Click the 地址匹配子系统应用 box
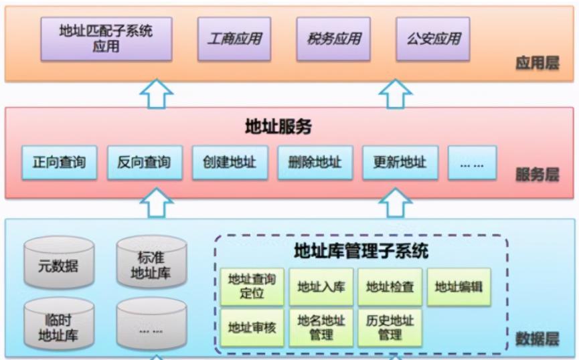(x=106, y=38)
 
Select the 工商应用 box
(x=234, y=38)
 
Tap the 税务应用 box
(x=333, y=38)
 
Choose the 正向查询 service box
(x=59, y=162)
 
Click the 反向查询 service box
(x=144, y=162)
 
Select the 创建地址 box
(x=229, y=162)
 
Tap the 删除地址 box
(x=315, y=162)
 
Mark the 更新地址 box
(x=400, y=162)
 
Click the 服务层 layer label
(x=537, y=175)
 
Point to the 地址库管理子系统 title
(x=361, y=252)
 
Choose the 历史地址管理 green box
(x=390, y=327)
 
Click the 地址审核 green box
(x=252, y=327)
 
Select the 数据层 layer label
(x=537, y=339)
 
